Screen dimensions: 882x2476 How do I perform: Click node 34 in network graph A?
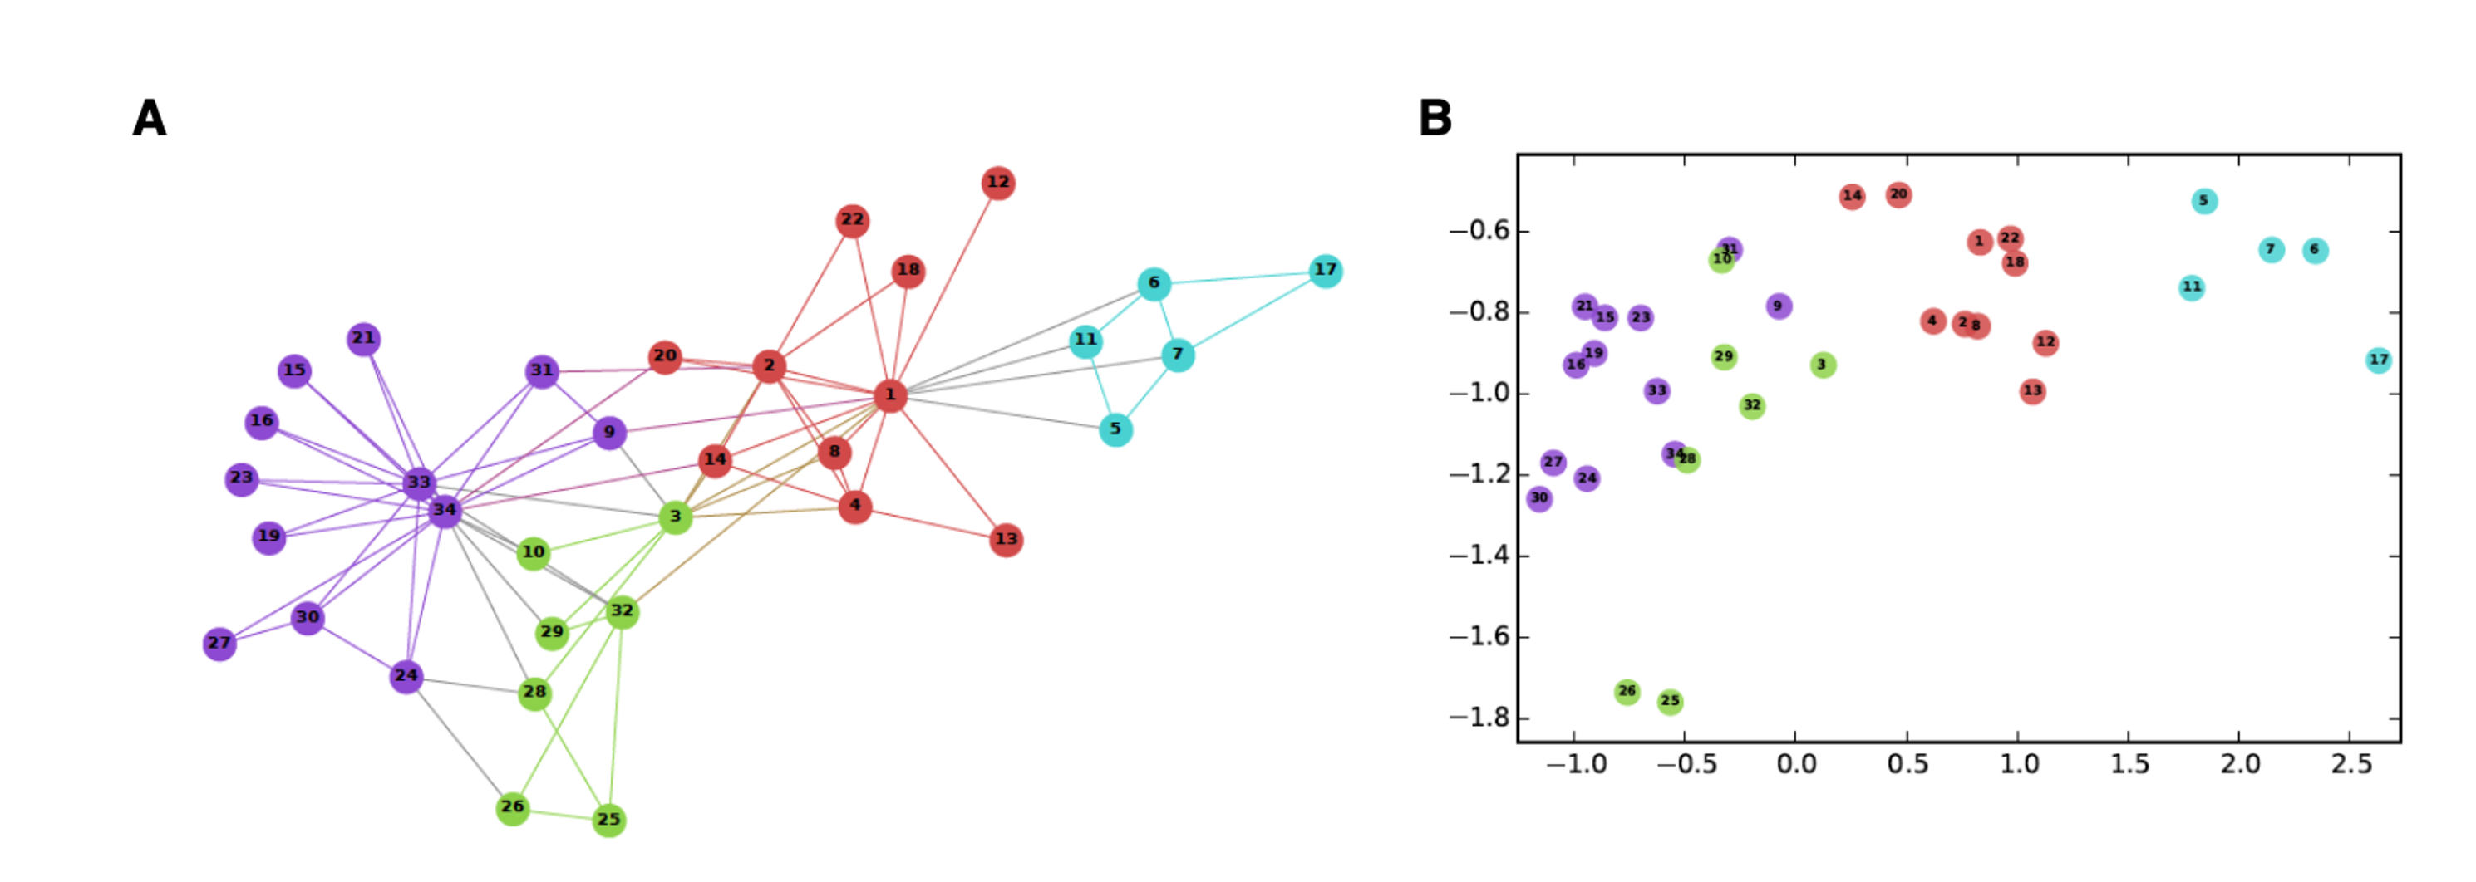(444, 510)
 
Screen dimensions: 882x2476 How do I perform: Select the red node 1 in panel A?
(890, 394)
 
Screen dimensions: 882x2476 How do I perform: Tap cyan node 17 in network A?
(1326, 271)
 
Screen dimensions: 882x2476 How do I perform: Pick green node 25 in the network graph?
(608, 820)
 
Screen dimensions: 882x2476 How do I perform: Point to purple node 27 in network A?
(219, 643)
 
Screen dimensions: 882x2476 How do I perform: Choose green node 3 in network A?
(675, 517)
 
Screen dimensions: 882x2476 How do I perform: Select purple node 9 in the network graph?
(608, 433)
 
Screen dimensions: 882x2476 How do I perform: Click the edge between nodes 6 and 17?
(1240, 277)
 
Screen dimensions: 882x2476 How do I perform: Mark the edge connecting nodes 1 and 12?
(945, 288)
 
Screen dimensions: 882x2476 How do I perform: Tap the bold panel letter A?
(150, 119)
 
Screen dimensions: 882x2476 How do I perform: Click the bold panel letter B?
(1435, 119)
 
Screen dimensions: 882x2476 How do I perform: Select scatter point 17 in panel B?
(2378, 360)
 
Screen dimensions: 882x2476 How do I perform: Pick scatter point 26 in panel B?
(1627, 691)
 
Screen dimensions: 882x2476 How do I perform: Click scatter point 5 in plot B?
(2205, 201)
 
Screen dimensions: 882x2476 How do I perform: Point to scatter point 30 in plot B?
(1538, 497)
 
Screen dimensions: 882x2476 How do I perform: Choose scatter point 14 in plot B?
(1852, 196)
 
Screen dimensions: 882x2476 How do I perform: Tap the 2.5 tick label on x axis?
(2351, 765)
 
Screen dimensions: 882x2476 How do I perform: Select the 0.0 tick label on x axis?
(1795, 765)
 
